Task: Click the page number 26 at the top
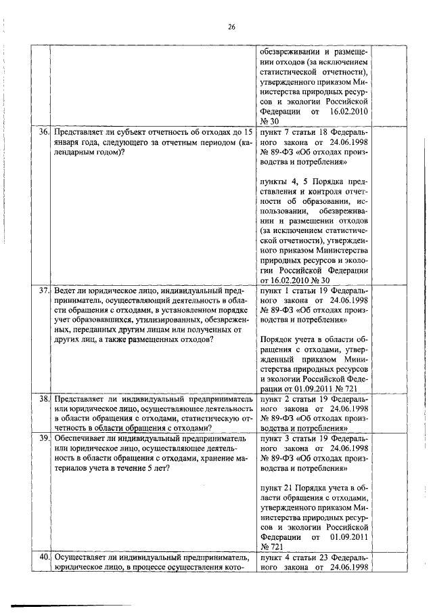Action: tap(231, 27)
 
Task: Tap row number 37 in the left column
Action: tap(45, 291)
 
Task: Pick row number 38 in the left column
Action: tap(45, 400)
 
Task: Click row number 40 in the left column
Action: tap(45, 557)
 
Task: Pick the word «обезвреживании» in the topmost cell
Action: tap(290, 51)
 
